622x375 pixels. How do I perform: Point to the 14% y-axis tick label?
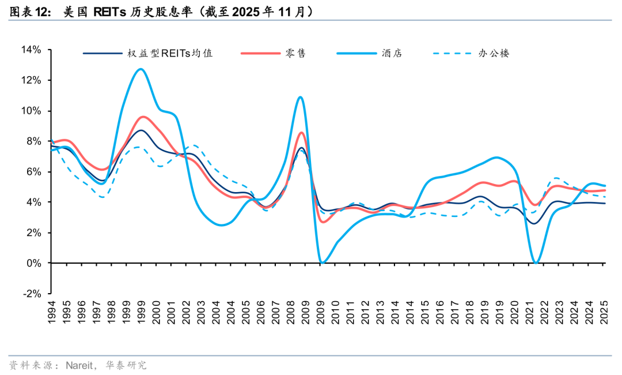[x=31, y=50]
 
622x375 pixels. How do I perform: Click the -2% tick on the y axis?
[x=31, y=293]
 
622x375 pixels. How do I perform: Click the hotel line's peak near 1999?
[x=141, y=69]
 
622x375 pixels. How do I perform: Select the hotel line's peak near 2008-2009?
[x=300, y=97]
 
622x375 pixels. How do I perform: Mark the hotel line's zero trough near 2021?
[x=537, y=263]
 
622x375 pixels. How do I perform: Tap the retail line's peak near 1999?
[x=142, y=117]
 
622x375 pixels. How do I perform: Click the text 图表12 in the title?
[x=26, y=11]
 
